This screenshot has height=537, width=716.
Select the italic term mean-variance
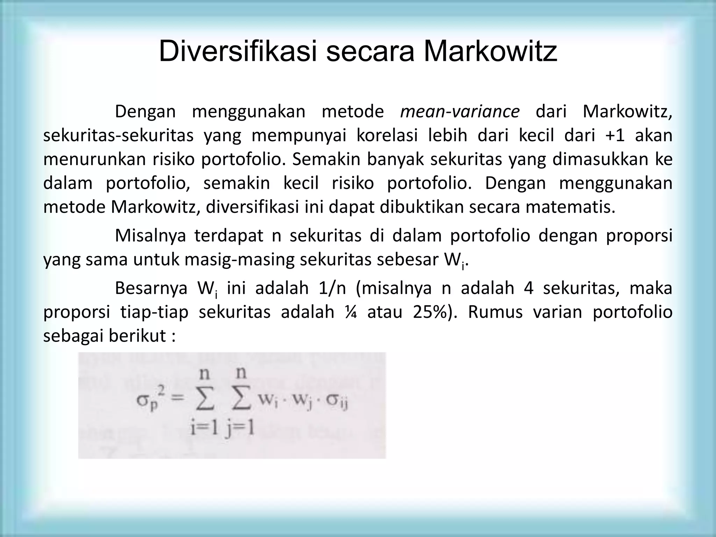(x=460, y=112)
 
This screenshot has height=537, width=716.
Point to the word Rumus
(x=495, y=312)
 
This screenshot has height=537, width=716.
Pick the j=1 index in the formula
(x=240, y=429)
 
